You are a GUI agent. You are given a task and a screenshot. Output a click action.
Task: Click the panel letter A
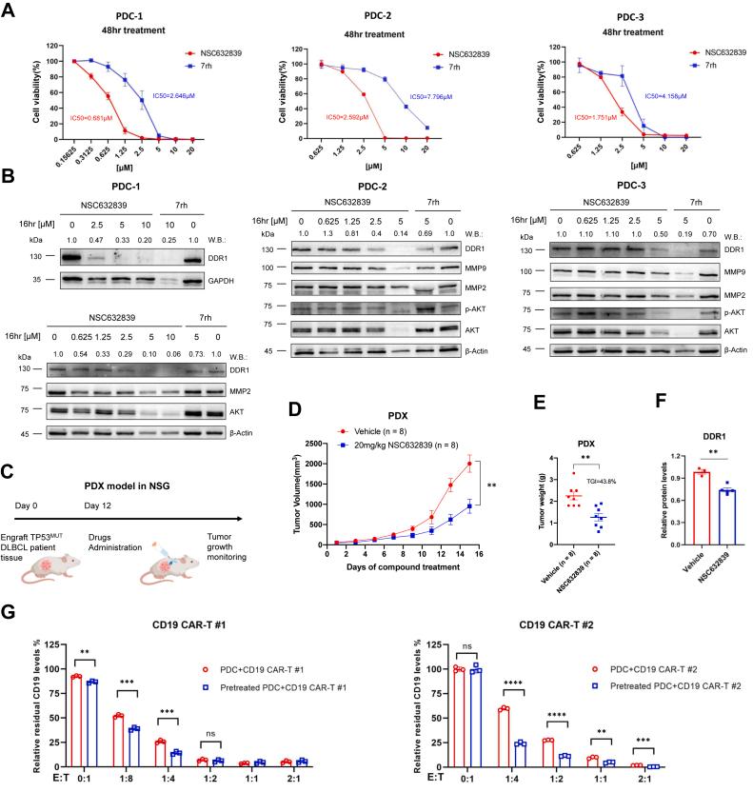9,10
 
